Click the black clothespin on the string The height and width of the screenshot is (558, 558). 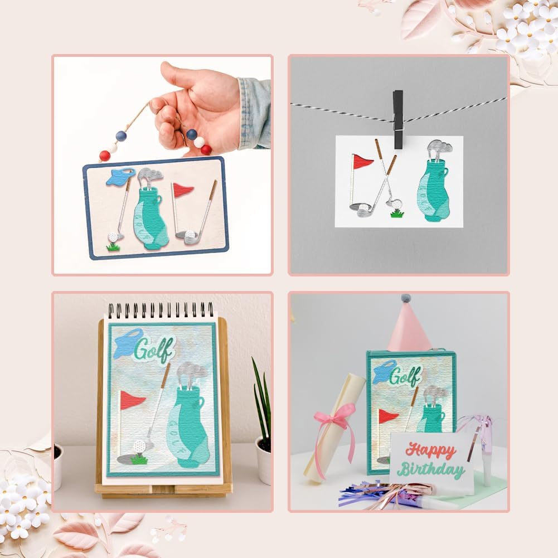coord(399,119)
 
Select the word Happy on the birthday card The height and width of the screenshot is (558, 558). coord(431,451)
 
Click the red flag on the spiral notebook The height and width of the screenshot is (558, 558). coord(132,400)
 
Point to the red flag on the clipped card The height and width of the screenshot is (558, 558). coord(362,162)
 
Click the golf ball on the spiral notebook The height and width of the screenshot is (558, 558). coord(139,446)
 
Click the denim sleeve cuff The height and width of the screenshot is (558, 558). coord(254,113)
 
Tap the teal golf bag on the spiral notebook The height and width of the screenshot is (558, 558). coord(187,426)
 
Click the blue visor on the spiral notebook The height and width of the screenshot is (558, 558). coord(128,340)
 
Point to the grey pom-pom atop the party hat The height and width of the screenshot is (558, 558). coord(406,298)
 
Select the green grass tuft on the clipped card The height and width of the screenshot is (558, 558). coord(397,213)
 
